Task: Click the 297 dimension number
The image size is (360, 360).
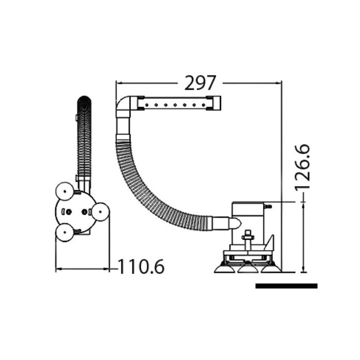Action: click(x=200, y=83)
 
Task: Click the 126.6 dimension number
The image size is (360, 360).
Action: click(x=302, y=167)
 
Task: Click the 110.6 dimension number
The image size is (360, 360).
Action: click(x=141, y=266)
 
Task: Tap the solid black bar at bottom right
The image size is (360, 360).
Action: click(x=286, y=286)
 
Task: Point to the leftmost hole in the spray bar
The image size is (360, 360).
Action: click(x=146, y=105)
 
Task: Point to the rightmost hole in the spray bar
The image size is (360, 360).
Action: click(x=203, y=105)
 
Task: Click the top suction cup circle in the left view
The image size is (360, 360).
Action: click(x=65, y=191)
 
